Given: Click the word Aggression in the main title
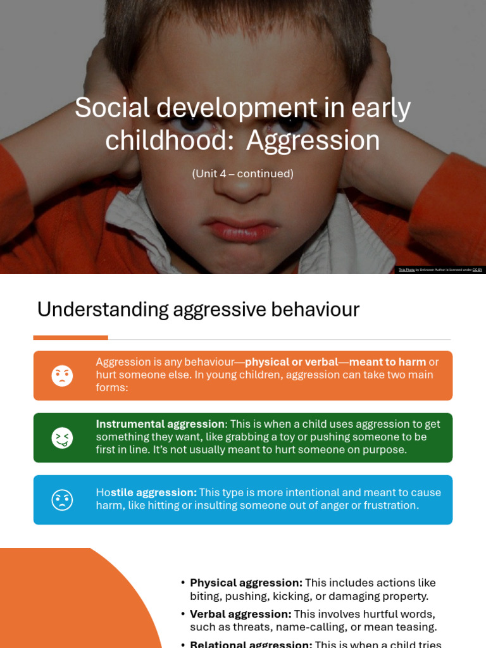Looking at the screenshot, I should pos(313,140).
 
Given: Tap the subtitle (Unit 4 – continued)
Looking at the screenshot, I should pos(242,173).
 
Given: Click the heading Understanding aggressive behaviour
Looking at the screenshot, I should pos(198,309).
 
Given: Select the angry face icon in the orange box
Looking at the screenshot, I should pos(62,376).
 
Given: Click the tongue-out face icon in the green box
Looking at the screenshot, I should pos(62,438).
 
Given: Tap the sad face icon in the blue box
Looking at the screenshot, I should pos(62,500).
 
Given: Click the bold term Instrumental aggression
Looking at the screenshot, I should pos(160,424).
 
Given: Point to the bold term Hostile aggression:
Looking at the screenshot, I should pos(146,492).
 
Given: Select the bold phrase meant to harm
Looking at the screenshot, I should pos(387,362).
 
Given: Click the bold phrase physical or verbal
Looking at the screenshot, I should pos(291,362).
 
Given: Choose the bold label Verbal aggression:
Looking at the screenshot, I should pos(240,614).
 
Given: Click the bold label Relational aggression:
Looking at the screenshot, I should pos(251,644).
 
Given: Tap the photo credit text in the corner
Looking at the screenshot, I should pos(440,270).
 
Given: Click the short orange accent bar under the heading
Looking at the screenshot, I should pos(70,337).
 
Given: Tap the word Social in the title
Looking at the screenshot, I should pos(112,108).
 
